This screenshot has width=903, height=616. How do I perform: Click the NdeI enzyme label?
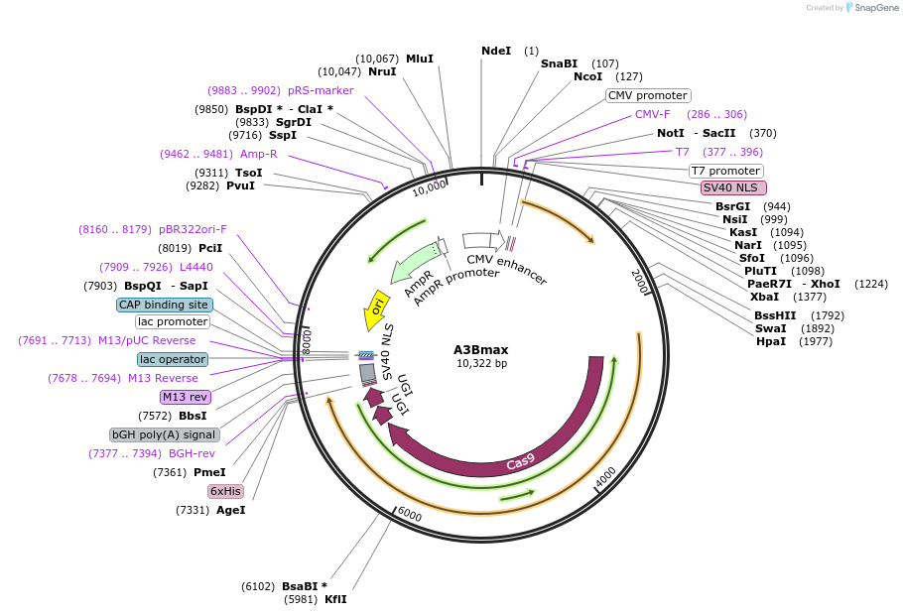coord(495,51)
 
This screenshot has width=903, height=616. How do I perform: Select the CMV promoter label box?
coord(648,96)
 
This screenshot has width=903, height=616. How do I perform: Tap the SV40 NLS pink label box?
coord(733,187)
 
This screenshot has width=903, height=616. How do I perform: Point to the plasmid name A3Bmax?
coord(480,349)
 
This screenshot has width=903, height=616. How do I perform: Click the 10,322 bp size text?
coord(481,363)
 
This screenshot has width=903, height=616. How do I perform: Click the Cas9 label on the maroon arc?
coord(520,462)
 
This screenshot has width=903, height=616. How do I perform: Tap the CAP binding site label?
coord(164,305)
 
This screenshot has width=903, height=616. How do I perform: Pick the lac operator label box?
coord(173,359)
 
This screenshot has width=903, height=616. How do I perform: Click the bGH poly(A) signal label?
coord(164,434)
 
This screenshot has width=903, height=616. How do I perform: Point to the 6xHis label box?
coord(225,491)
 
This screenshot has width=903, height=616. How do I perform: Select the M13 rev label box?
coord(187,397)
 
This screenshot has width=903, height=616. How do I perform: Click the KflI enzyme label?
coord(335,599)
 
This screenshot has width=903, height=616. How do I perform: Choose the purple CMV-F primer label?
coord(653,114)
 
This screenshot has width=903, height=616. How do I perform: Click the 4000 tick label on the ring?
coord(605,477)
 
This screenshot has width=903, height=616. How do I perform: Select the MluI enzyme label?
coord(420,59)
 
